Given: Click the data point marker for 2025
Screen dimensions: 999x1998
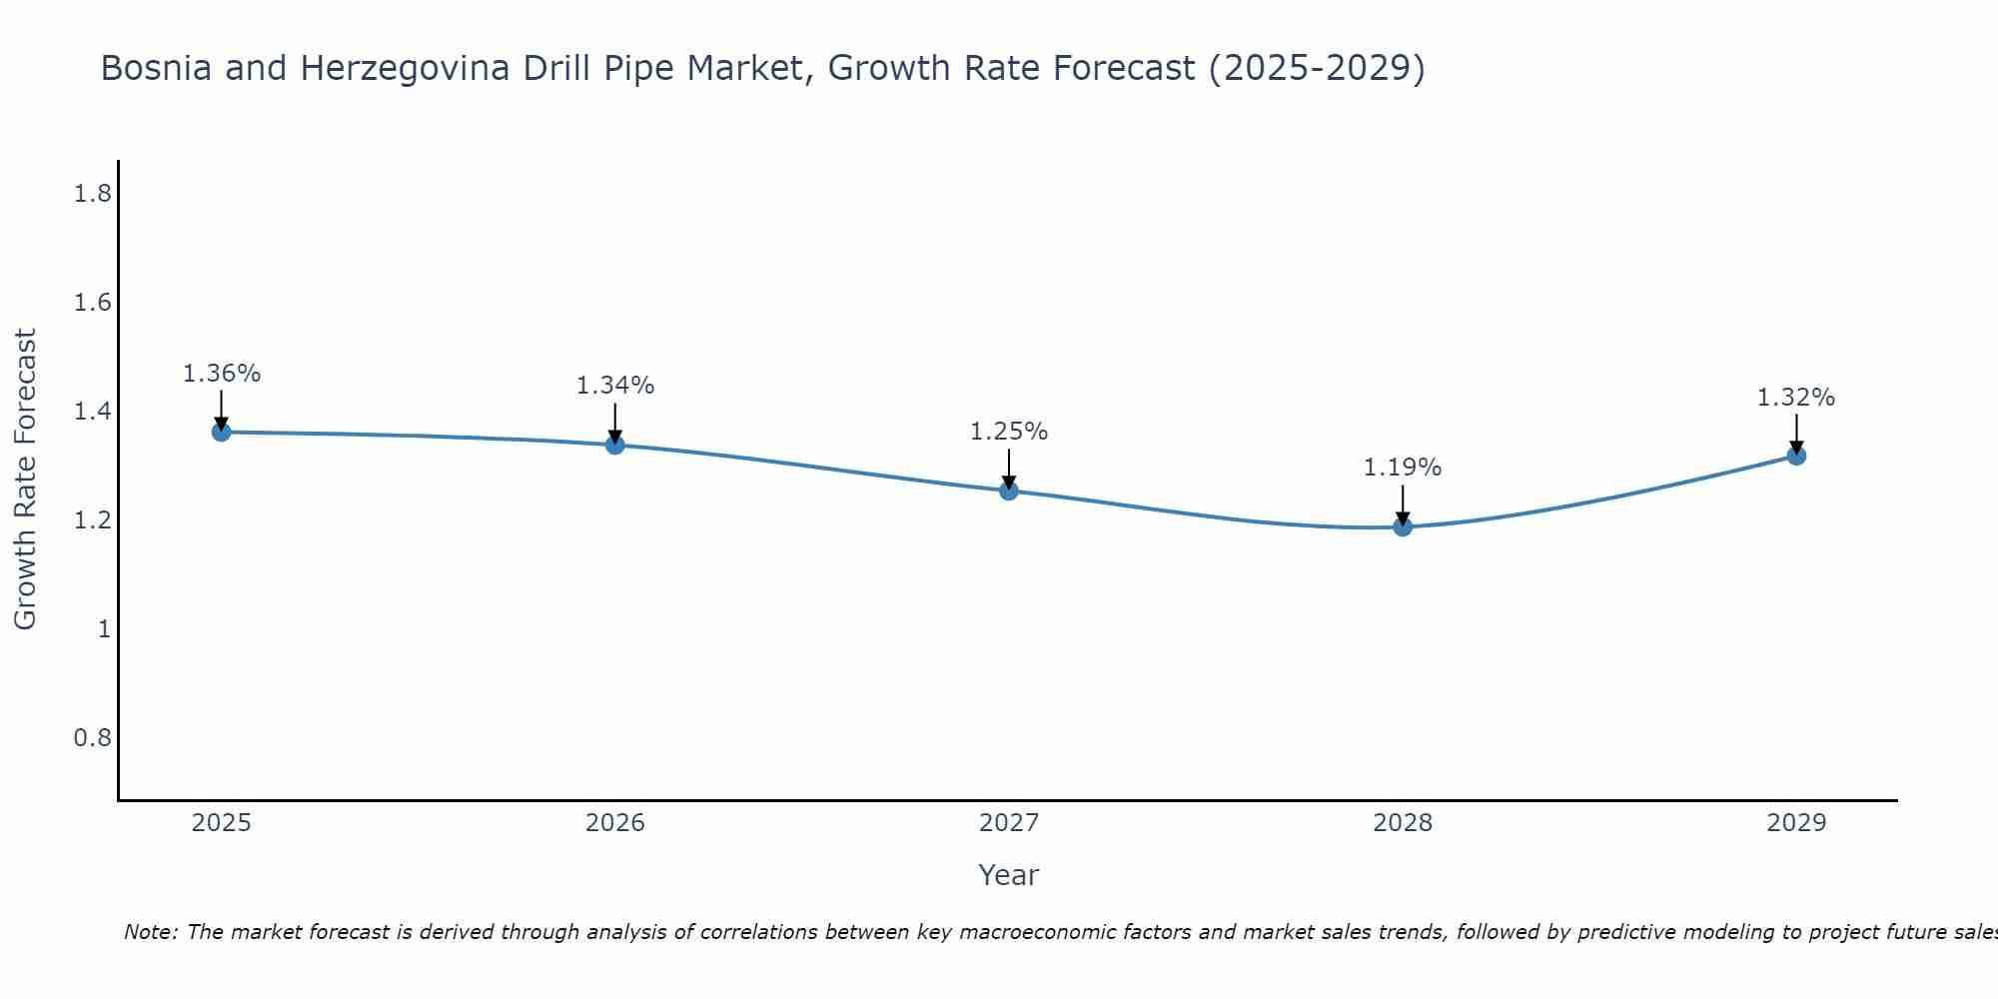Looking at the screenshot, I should (x=222, y=432).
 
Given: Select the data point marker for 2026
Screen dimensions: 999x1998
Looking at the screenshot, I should (x=615, y=445).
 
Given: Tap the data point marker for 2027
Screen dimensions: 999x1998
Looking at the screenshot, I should (x=1009, y=491).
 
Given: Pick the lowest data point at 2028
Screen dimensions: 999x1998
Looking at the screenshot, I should (x=1403, y=526).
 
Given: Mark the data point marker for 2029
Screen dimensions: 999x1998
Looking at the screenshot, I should (x=1796, y=456).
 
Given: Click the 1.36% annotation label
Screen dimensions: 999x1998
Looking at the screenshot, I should (x=222, y=374).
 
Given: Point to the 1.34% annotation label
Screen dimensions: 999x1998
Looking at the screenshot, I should (x=615, y=386).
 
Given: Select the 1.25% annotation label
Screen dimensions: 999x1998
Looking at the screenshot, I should (x=1009, y=432).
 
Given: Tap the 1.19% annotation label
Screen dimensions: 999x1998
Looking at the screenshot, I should (x=1403, y=468).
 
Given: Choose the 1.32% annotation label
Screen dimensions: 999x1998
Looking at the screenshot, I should (x=1796, y=398).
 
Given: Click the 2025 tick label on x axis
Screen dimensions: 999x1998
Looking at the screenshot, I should (x=222, y=823).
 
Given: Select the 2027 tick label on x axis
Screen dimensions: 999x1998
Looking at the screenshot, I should (x=1009, y=823).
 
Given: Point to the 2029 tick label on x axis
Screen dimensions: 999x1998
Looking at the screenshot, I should (x=1796, y=823).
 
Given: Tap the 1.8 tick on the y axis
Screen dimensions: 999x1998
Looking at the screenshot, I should (x=93, y=194).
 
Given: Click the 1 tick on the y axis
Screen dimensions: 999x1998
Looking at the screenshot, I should (x=104, y=629).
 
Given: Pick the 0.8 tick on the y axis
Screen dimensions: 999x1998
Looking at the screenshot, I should (x=93, y=738).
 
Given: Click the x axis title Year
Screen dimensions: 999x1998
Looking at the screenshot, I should (x=1009, y=875).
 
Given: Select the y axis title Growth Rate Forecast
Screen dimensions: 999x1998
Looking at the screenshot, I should (x=25, y=480).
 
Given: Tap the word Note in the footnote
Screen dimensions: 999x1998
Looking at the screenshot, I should (x=149, y=932).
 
